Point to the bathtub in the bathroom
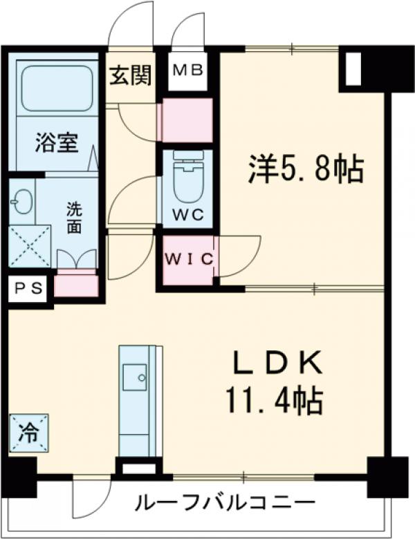[57, 90]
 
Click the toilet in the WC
[187, 180]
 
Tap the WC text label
[187, 214]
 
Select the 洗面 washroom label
[74, 217]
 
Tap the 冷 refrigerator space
[29, 433]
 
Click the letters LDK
[276, 363]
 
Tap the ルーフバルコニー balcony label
[225, 503]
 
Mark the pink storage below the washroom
[76, 284]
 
